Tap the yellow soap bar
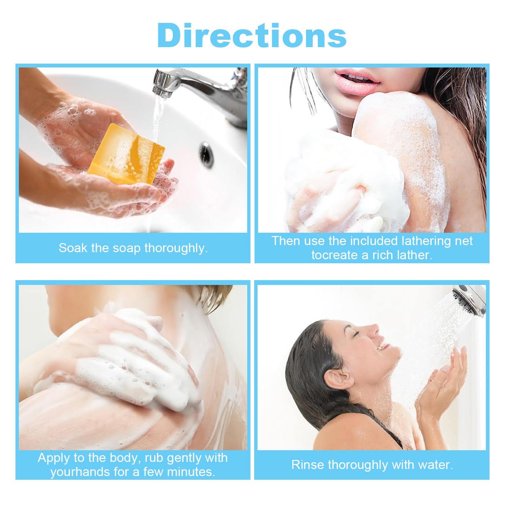point(126,154)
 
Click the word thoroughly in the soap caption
point(176,248)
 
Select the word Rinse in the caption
point(308,465)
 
